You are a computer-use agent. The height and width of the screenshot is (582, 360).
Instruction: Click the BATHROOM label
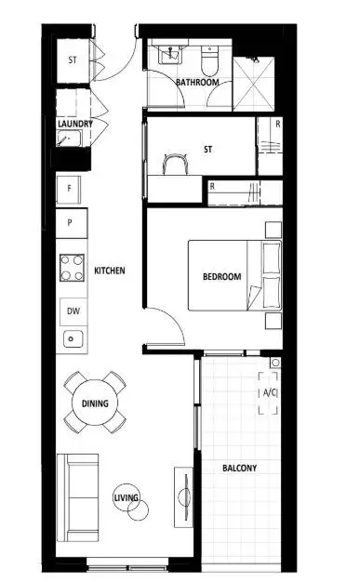click(197, 82)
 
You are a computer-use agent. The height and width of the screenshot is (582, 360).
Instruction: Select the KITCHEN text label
click(110, 271)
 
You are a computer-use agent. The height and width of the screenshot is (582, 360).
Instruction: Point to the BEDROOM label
click(221, 276)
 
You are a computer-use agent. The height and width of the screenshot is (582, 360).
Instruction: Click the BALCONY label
click(240, 468)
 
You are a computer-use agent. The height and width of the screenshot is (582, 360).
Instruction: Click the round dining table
click(94, 403)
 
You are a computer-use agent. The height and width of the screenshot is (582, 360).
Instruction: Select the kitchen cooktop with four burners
click(73, 269)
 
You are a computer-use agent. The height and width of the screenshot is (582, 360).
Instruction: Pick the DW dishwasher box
click(72, 311)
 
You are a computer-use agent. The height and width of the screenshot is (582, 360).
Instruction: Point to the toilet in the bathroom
click(211, 60)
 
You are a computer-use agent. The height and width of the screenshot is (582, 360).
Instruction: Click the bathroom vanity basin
click(169, 56)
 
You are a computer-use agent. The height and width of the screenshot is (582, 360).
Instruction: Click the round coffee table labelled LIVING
click(127, 500)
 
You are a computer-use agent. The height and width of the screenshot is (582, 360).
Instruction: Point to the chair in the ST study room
click(173, 165)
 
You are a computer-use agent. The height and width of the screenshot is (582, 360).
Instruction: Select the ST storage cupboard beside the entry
click(73, 60)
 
